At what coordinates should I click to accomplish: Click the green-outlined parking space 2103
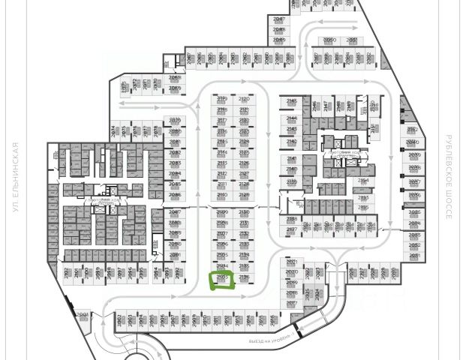(221, 280)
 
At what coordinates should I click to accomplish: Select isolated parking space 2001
(83, 316)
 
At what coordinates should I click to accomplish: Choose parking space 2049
(279, 40)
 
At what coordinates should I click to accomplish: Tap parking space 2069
(174, 89)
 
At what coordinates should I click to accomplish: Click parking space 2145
(292, 102)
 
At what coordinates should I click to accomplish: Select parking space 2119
(222, 101)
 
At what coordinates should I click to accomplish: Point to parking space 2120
(244, 101)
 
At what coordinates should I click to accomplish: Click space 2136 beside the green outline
(243, 278)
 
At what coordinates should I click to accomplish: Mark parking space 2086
(175, 196)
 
